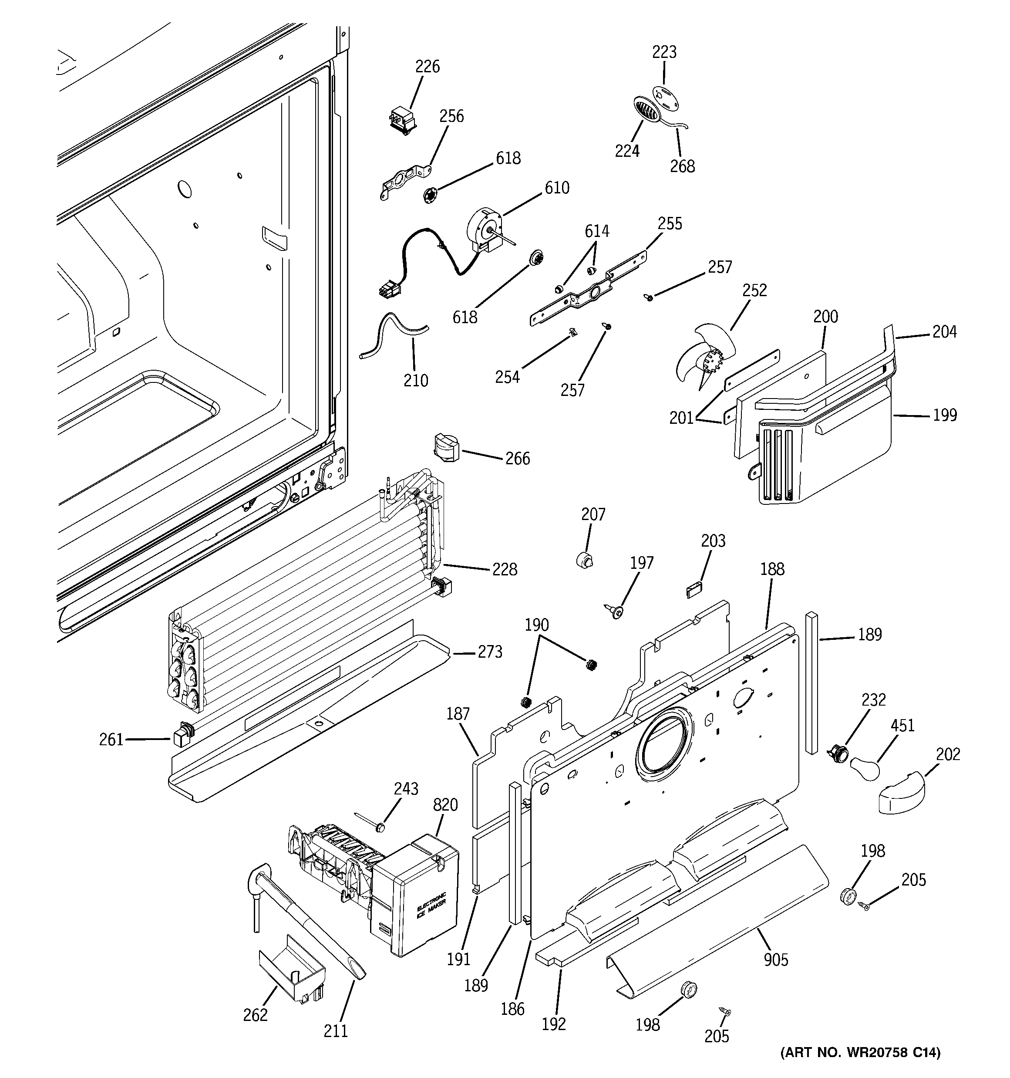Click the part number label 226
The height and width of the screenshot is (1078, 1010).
pos(427,67)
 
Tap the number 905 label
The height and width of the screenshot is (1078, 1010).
pos(775,960)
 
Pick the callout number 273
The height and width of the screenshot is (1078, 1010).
pos(490,652)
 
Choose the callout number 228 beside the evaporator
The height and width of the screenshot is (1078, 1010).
pos(504,569)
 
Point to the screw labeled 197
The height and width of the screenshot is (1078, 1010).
pos(615,612)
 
